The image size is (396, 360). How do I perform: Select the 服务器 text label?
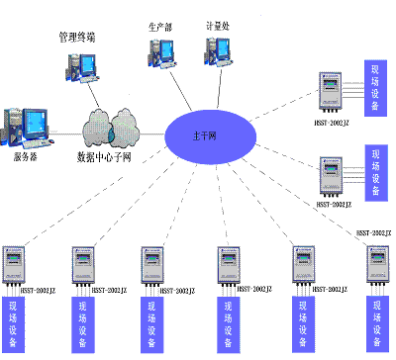26,156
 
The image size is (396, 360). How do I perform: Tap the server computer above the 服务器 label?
26,125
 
